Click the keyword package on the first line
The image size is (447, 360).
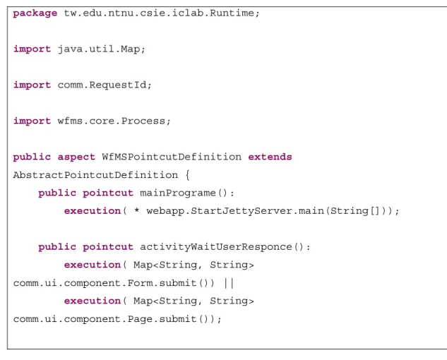pyautogui.click(x=35, y=13)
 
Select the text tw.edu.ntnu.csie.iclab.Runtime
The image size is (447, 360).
pyautogui.click(x=159, y=13)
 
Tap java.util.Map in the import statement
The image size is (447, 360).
pyautogui.click(x=99, y=49)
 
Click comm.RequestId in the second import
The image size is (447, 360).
pyautogui.click(x=102, y=85)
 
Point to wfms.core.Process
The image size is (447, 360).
pyautogui.click(x=112, y=121)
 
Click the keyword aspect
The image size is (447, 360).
pyautogui.click(x=76, y=157)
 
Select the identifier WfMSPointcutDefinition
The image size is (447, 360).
pyautogui.click(x=172, y=157)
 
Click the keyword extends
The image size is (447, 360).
pyautogui.click(x=270, y=157)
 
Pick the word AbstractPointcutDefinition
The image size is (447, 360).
pyautogui.click(x=95, y=175)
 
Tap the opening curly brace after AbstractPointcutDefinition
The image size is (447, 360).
pyautogui.click(x=187, y=175)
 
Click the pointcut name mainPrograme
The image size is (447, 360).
pyautogui.click(x=178, y=193)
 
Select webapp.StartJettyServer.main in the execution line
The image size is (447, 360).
pyautogui.click(x=235, y=211)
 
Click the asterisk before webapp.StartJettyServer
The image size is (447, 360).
pyautogui.click(x=137, y=211)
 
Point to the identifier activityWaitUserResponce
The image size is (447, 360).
pyautogui.click(x=216, y=247)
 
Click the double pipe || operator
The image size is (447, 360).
pyautogui.click(x=229, y=283)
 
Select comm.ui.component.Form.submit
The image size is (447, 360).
pyautogui.click(x=105, y=283)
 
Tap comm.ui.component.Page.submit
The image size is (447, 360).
pyautogui.click(x=105, y=319)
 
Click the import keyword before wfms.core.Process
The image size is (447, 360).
pyautogui.click(x=32, y=121)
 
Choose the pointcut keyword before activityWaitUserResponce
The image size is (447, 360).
pyautogui.click(x=108, y=247)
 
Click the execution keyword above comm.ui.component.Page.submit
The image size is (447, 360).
pyautogui.click(x=93, y=301)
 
